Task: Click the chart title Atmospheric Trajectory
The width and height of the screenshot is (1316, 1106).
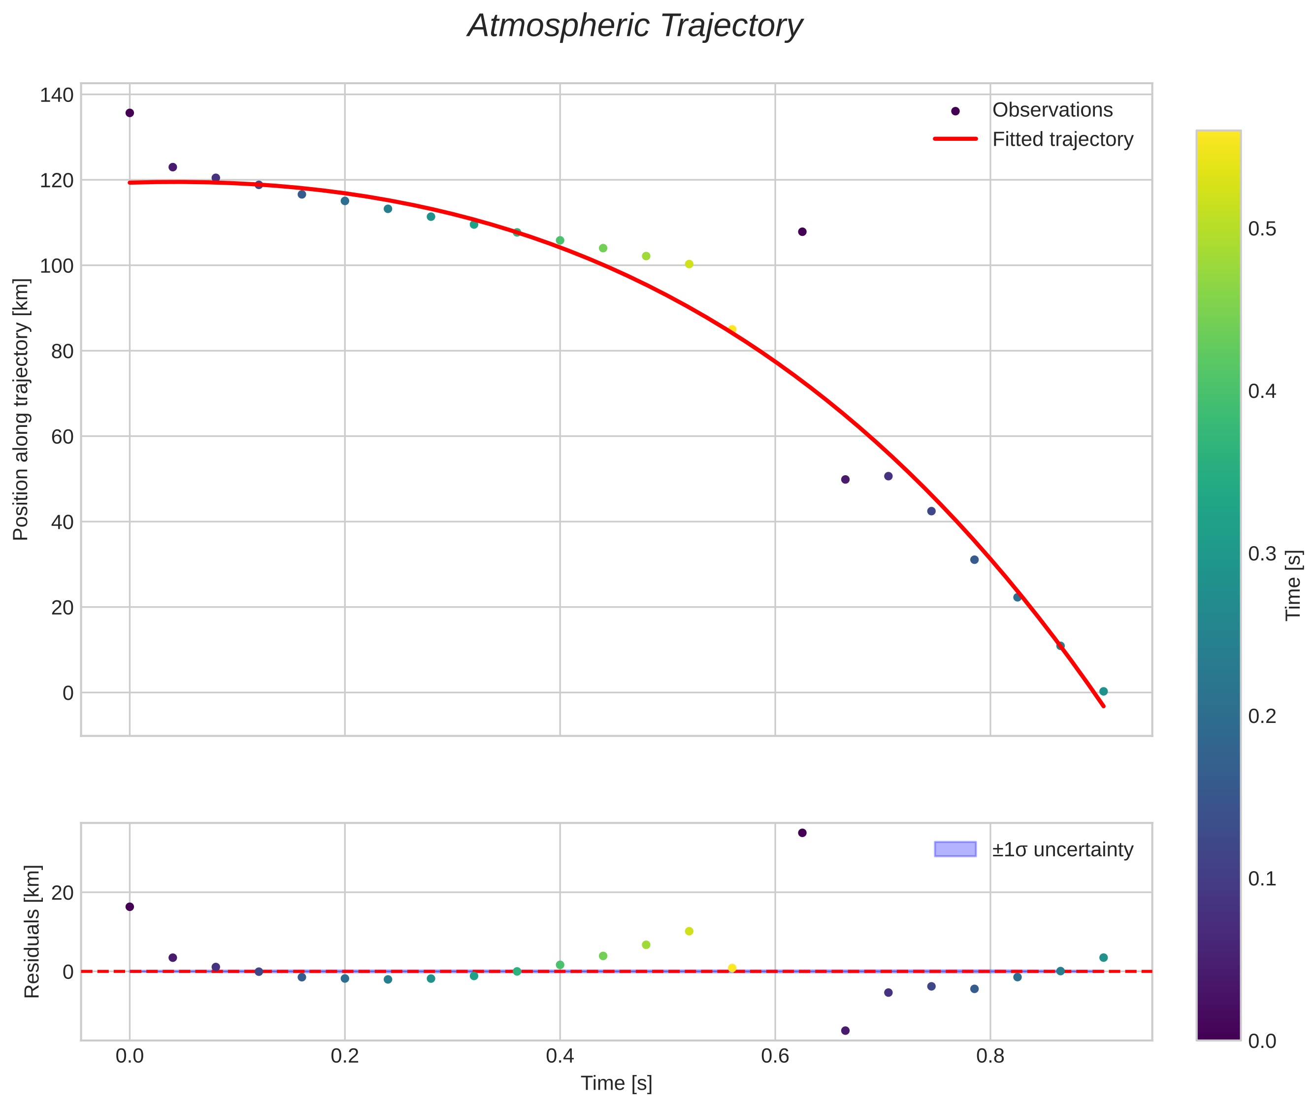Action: (x=634, y=26)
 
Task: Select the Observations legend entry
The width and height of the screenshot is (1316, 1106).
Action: (x=1052, y=110)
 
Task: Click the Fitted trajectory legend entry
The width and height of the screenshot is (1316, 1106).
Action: (x=1062, y=139)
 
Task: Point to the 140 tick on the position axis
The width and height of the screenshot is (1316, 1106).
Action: (x=57, y=96)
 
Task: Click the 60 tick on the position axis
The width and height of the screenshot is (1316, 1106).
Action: (x=62, y=436)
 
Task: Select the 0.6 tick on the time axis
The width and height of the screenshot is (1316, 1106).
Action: (x=775, y=1056)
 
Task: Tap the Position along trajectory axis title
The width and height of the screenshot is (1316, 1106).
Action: (x=21, y=409)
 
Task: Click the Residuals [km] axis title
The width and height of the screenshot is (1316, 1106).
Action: (x=32, y=931)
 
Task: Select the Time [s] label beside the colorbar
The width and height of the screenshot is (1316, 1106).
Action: (x=1293, y=585)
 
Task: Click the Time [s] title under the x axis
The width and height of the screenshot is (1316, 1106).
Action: (x=616, y=1083)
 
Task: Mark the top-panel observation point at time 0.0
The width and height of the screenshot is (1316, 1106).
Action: (x=130, y=113)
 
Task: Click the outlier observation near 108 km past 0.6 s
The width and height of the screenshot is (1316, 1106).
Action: (x=802, y=232)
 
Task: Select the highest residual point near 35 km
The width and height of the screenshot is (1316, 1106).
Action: (x=802, y=833)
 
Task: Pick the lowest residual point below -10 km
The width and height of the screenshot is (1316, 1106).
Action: (x=845, y=1031)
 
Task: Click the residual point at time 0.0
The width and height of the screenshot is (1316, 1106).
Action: (x=130, y=907)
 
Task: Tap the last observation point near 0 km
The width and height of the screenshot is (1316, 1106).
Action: (x=1103, y=691)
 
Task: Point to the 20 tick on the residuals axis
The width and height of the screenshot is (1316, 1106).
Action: (x=62, y=893)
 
